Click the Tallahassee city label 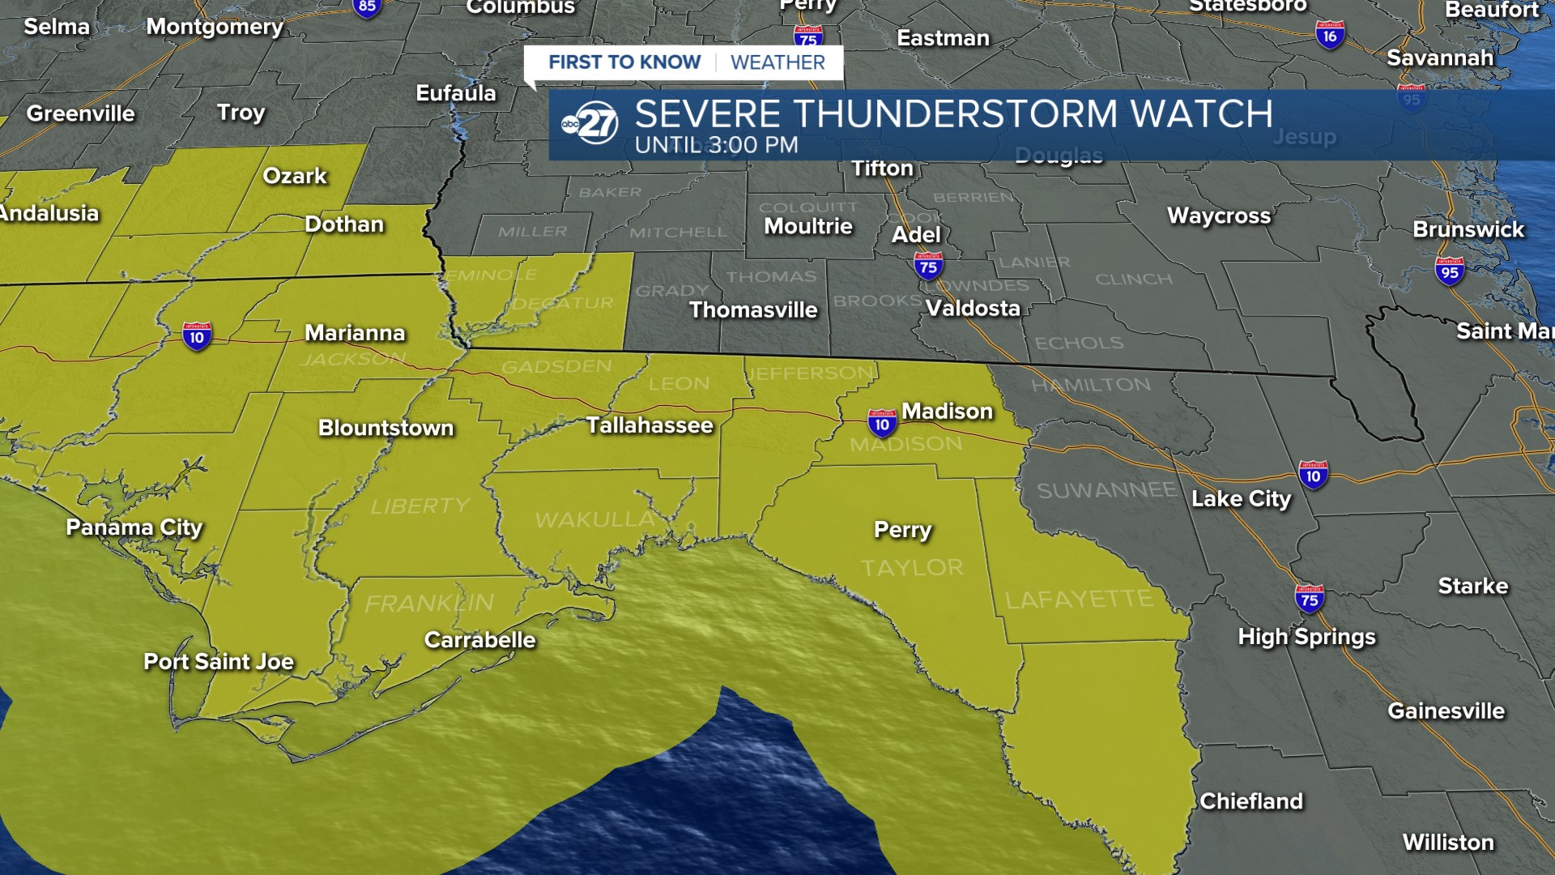(650, 425)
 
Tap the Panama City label (134, 527)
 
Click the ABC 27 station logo (590, 123)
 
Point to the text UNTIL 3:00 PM (717, 145)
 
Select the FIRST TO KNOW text (624, 62)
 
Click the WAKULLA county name (594, 519)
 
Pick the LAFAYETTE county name (1079, 600)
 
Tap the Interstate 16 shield (1330, 35)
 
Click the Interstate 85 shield (367, 7)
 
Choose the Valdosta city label (973, 309)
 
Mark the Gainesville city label (1446, 711)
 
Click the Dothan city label (344, 224)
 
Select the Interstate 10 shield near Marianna (197, 336)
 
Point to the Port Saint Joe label (219, 662)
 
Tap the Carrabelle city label (479, 640)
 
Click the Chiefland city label (1251, 801)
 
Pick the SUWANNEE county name (1106, 490)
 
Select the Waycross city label (1219, 216)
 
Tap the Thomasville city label (753, 310)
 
